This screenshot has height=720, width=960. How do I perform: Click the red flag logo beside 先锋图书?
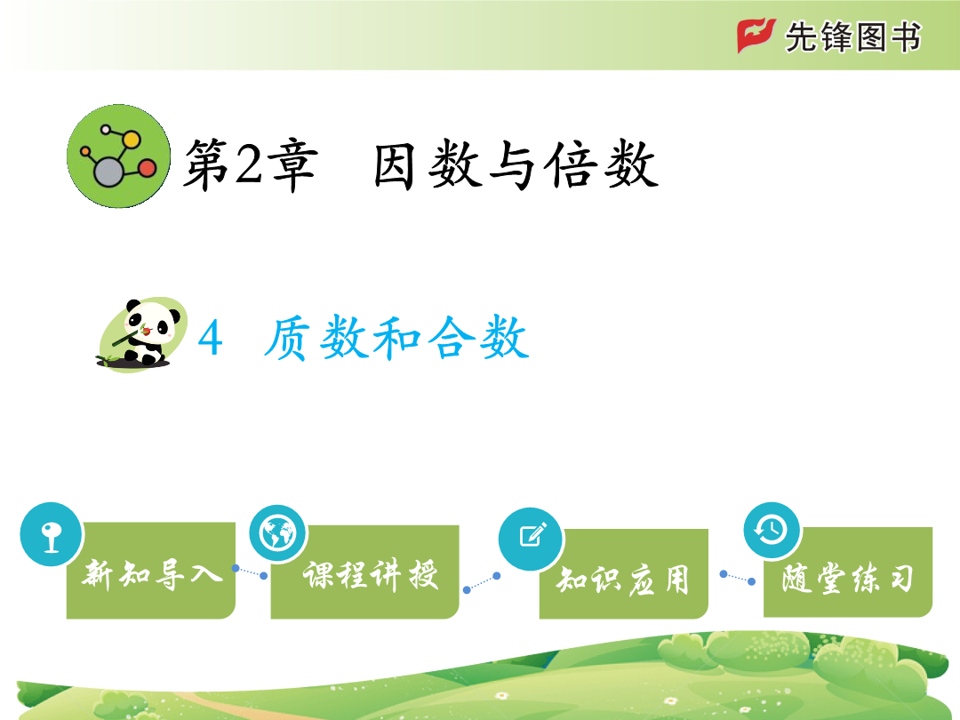(756, 36)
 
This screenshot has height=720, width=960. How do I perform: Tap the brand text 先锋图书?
(852, 36)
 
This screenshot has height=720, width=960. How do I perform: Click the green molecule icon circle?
(119, 156)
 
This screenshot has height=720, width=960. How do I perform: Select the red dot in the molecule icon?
(148, 168)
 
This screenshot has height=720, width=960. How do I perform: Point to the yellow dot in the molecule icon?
(131, 140)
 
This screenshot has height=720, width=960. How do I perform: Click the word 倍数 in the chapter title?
(602, 165)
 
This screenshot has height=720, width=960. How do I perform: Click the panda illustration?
(142, 334)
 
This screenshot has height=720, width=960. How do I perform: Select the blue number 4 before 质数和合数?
(210, 338)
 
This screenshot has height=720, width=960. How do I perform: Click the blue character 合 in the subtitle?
(452, 338)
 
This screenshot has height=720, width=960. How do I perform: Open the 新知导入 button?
(151, 571)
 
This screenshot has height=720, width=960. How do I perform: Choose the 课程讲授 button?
(365, 572)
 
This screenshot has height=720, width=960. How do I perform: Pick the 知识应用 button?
(624, 574)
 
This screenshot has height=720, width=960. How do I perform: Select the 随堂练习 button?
(848, 572)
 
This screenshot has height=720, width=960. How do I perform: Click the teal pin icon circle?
(52, 534)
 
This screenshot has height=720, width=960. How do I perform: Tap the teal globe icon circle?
(278, 534)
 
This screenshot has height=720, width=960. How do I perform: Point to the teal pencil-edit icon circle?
(532, 539)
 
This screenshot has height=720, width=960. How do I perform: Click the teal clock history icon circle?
(772, 530)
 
